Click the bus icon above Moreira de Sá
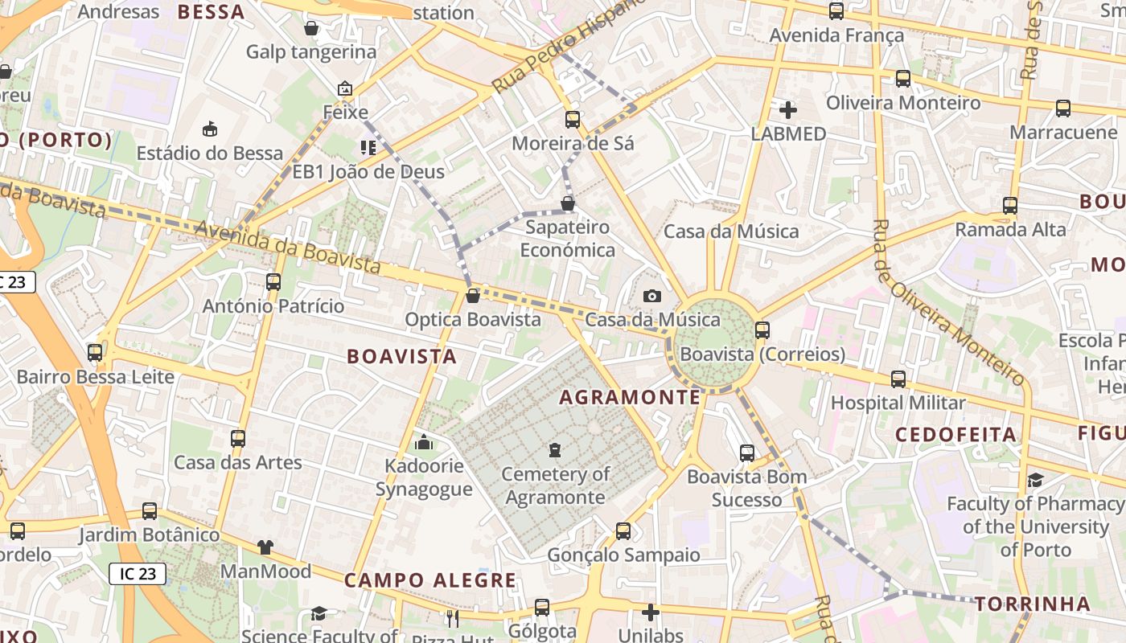[x=573, y=120]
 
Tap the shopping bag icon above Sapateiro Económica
[x=568, y=203]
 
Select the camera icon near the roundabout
[x=652, y=297]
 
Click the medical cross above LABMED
[x=788, y=110]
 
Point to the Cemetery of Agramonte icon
[x=555, y=450]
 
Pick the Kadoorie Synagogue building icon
[x=424, y=442]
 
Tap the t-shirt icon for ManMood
[x=265, y=547]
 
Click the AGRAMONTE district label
[x=630, y=397]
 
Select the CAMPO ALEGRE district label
[x=430, y=580]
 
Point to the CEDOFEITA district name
[x=955, y=435]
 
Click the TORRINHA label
[x=1033, y=604]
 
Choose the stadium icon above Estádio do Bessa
[x=210, y=129]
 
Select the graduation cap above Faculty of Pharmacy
[x=1035, y=480]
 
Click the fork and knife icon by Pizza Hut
[x=452, y=617]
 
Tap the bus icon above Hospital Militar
[x=898, y=379]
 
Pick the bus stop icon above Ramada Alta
[x=1010, y=206]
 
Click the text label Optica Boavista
[x=473, y=320]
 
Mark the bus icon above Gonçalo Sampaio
[x=623, y=531]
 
